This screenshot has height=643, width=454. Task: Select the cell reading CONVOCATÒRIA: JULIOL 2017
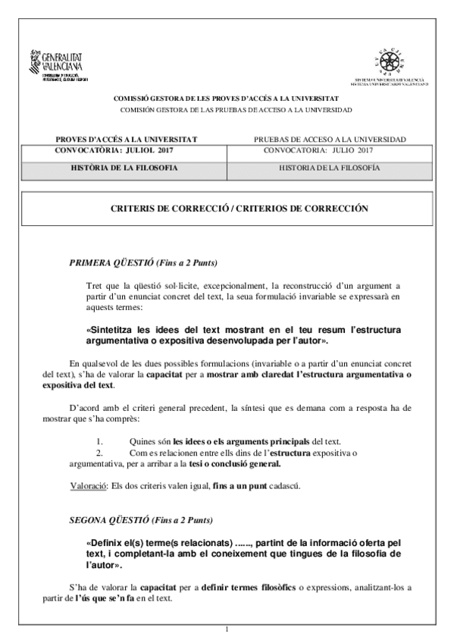point(115,150)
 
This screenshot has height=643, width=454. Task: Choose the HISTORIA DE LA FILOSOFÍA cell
point(330,167)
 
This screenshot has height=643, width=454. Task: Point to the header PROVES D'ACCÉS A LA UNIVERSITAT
point(126,140)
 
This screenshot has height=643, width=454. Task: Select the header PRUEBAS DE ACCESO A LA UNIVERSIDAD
point(330,140)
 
